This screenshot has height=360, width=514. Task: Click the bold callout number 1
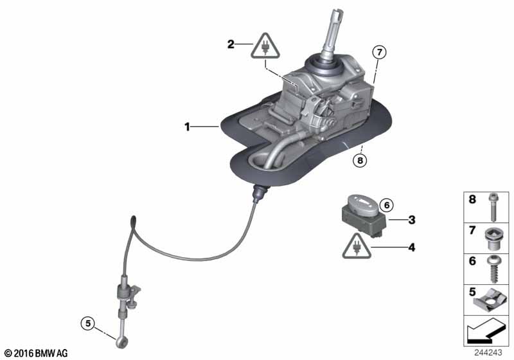pos(188,127)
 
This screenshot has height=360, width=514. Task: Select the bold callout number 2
pos(231,44)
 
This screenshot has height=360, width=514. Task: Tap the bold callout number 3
pos(412,219)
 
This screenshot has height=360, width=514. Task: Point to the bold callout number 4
pos(412,246)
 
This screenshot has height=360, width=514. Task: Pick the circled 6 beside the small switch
pos(385,205)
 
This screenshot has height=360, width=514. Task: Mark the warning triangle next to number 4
pos(356,246)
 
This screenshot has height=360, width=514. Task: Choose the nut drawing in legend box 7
pos(492,239)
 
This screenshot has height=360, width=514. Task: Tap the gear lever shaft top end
pos(338,14)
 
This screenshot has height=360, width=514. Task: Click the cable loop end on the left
pos(132,221)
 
